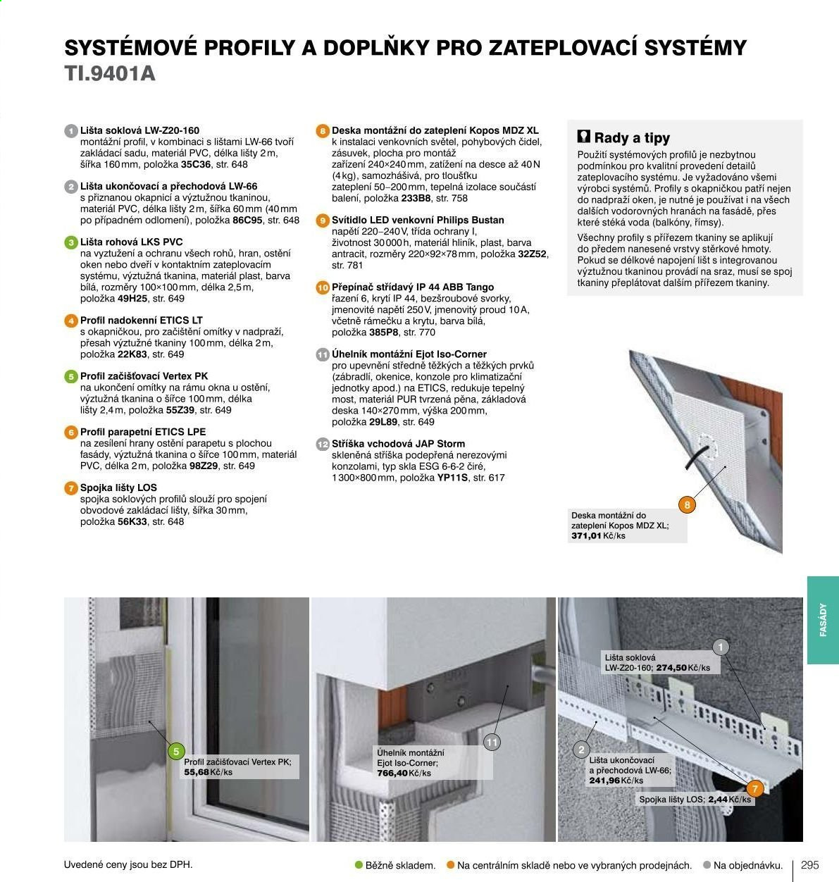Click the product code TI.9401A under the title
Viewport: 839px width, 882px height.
(x=110, y=74)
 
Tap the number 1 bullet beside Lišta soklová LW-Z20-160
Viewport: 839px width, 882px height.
(x=71, y=131)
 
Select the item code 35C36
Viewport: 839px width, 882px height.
(x=196, y=164)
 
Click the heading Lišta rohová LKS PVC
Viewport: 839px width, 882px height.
(x=132, y=242)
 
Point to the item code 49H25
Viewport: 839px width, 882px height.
(x=132, y=298)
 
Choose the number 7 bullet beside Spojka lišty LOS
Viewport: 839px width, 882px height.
(x=71, y=488)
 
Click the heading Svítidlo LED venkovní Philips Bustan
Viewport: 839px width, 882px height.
(x=418, y=220)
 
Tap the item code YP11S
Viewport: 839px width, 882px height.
(x=453, y=478)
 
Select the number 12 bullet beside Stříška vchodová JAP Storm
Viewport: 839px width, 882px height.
(x=323, y=444)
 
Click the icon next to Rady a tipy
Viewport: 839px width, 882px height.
(x=584, y=137)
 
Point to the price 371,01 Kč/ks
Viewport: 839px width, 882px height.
(x=598, y=535)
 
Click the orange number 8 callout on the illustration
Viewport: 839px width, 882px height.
(x=687, y=505)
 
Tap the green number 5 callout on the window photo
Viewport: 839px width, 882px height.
(x=176, y=752)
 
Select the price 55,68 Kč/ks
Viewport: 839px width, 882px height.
(x=209, y=772)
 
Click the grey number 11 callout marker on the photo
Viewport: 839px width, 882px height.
(x=492, y=743)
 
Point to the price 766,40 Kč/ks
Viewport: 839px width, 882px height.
(x=404, y=773)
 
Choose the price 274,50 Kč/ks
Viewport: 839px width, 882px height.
(x=683, y=668)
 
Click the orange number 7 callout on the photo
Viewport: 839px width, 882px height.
(x=755, y=789)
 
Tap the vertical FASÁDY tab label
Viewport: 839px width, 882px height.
(x=823, y=619)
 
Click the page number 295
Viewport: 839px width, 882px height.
(x=810, y=864)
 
